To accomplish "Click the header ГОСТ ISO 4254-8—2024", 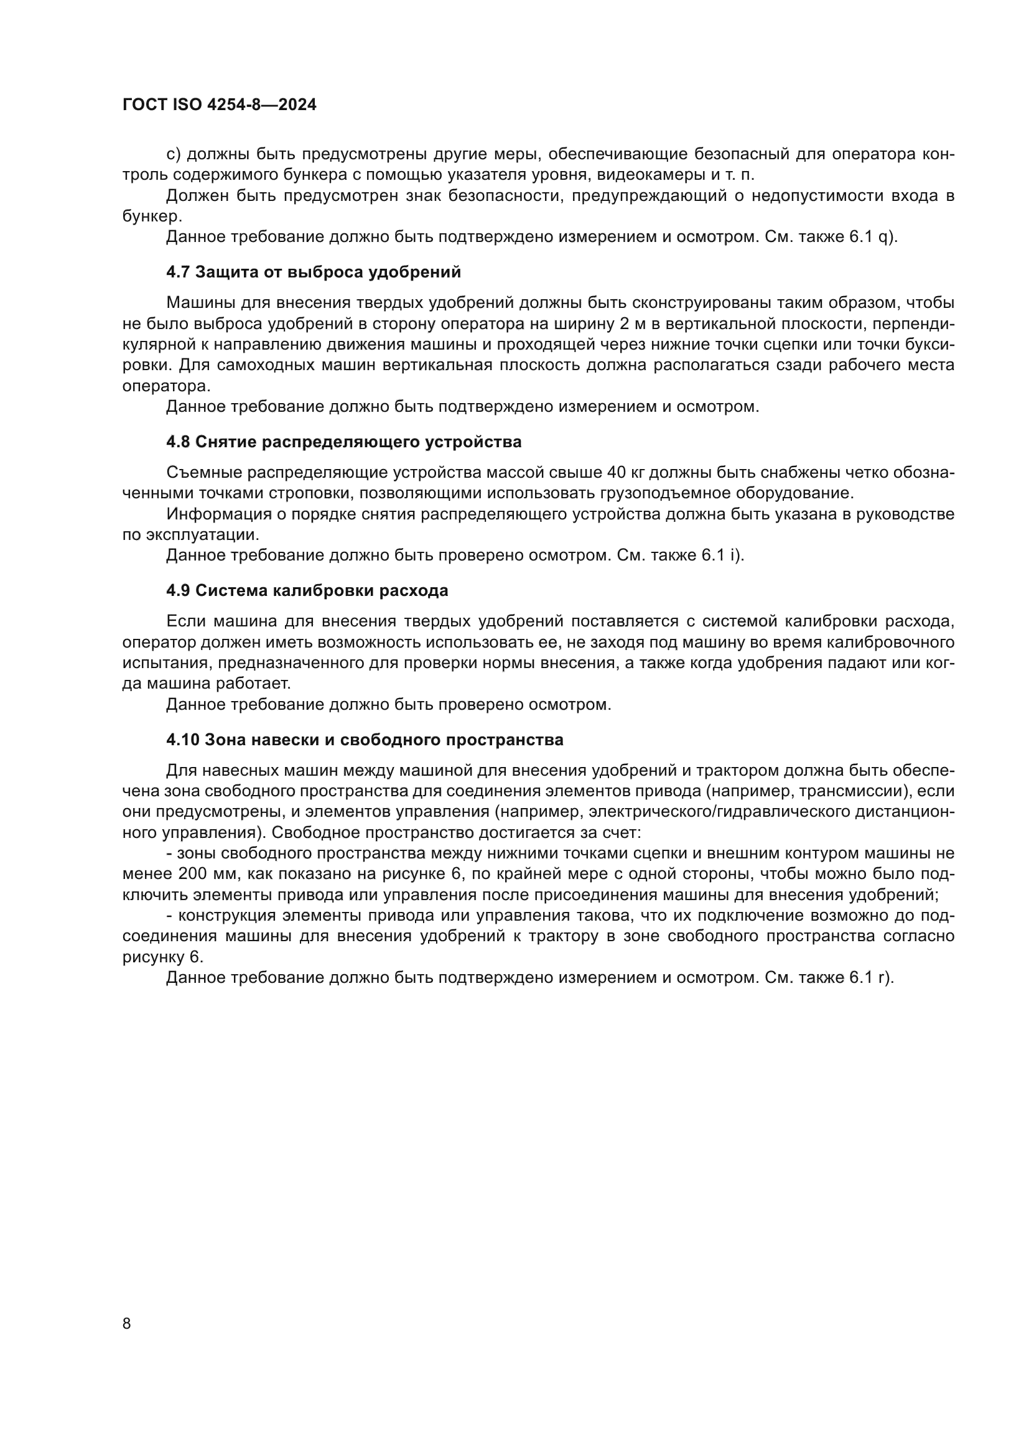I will [x=219, y=105].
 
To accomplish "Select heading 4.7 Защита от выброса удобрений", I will [x=314, y=272].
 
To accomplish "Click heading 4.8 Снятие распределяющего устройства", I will [x=344, y=442].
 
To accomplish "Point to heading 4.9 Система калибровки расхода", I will [x=307, y=590].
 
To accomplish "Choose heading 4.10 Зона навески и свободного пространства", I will [x=365, y=740].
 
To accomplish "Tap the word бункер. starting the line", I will [x=152, y=216].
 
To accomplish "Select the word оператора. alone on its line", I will [x=166, y=386].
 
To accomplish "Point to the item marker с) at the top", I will [x=174, y=154].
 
